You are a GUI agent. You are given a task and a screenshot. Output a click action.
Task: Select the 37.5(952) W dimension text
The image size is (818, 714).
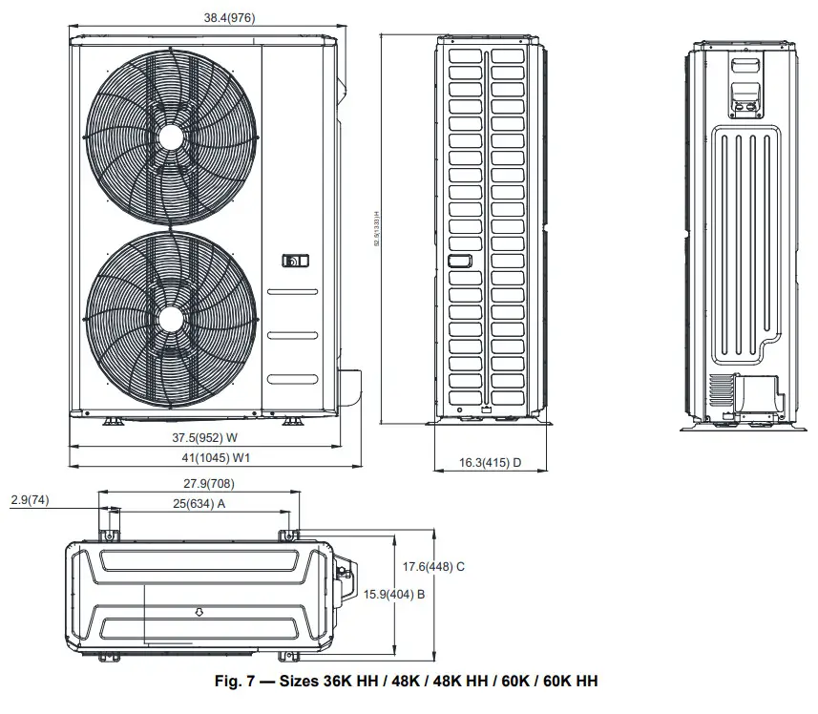coord(204,438)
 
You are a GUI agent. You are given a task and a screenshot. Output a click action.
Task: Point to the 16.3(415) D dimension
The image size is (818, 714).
coord(491,462)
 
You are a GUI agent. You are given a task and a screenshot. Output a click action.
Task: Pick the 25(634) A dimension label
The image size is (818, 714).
coord(198,503)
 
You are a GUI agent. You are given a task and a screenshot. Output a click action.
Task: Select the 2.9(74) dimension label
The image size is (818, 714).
coord(31,499)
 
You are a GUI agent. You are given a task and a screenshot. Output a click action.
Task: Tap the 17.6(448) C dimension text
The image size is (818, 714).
coord(433,566)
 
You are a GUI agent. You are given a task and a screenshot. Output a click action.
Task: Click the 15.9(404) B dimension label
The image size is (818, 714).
coord(394,594)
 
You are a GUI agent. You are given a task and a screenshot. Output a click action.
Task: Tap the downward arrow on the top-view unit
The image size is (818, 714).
coord(199,611)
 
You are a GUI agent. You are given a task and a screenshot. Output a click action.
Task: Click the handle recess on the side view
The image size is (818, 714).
coord(459,260)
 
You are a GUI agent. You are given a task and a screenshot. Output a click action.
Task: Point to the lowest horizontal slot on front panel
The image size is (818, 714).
coord(292,379)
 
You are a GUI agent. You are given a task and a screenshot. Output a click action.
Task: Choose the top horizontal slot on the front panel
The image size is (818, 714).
coord(292,292)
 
